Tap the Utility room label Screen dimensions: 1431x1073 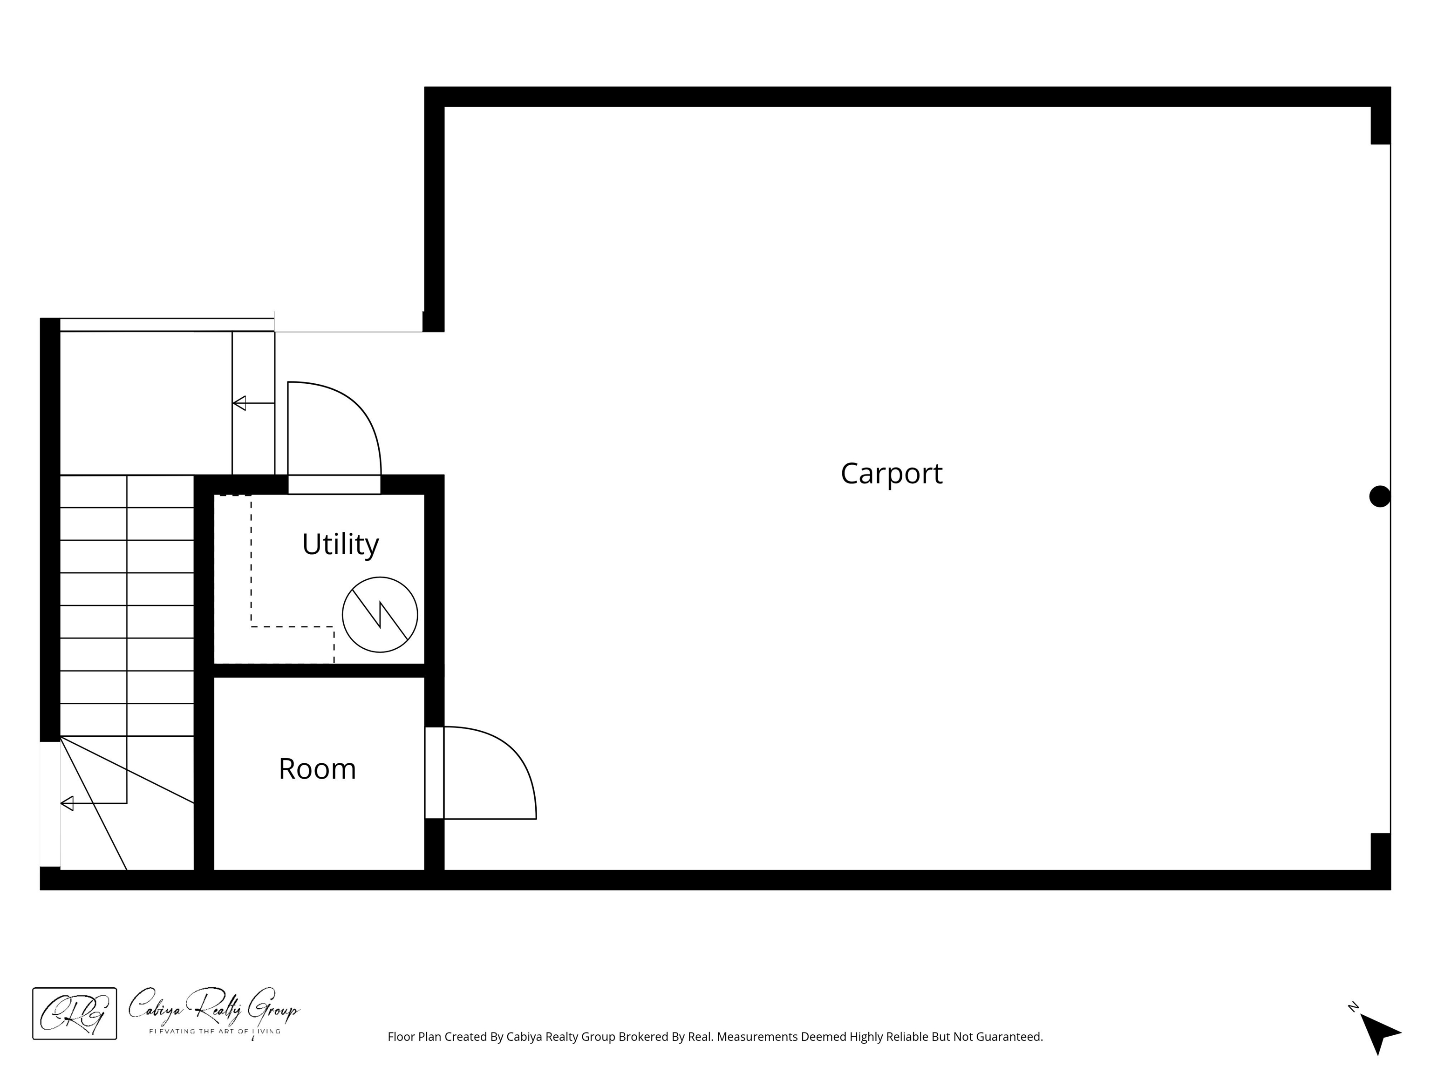(x=341, y=544)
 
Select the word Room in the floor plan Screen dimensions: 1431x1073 (x=317, y=768)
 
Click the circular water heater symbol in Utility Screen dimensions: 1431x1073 (x=380, y=614)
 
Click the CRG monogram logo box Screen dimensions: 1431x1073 (x=75, y=1013)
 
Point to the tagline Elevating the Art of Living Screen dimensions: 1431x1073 (x=215, y=1031)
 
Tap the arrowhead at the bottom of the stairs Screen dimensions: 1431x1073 (x=67, y=803)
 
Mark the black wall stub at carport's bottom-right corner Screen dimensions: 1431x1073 (x=1381, y=852)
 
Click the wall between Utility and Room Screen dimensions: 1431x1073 (x=319, y=670)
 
